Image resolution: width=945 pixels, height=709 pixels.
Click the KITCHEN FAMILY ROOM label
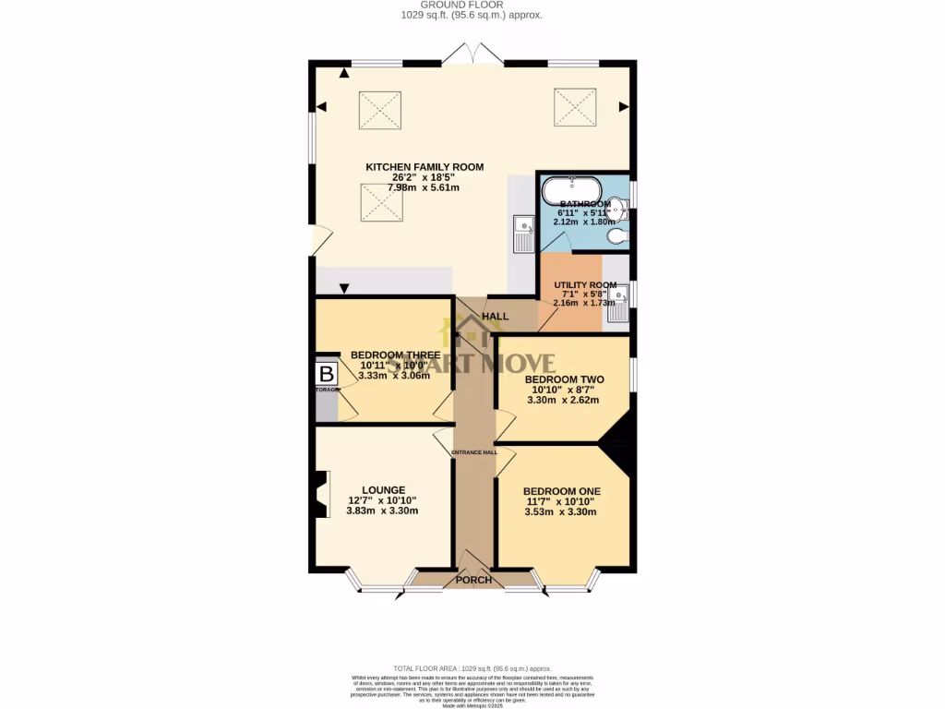(x=425, y=167)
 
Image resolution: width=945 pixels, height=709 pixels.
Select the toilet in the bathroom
(x=617, y=237)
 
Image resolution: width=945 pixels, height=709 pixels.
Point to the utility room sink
(x=616, y=304)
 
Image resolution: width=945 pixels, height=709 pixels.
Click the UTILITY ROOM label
(x=585, y=285)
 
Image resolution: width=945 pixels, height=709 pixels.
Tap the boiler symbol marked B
(x=327, y=375)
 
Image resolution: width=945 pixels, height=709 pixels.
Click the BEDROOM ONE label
(x=561, y=491)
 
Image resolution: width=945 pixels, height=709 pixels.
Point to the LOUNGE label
(x=383, y=490)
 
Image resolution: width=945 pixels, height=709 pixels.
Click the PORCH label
(x=473, y=581)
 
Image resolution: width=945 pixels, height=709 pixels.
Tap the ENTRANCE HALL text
(x=473, y=452)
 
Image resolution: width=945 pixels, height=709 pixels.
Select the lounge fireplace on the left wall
(x=320, y=494)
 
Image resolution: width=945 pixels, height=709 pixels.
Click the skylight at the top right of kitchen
(x=575, y=108)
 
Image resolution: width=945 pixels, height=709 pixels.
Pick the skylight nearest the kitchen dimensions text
(x=379, y=203)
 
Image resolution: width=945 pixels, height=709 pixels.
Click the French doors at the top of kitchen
(x=472, y=54)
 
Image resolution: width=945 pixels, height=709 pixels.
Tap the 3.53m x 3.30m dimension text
(x=561, y=512)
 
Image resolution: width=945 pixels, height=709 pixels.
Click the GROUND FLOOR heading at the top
(x=472, y=5)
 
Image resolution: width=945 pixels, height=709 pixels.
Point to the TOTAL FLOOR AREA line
(x=472, y=668)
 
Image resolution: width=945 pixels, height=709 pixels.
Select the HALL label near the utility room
(x=496, y=317)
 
